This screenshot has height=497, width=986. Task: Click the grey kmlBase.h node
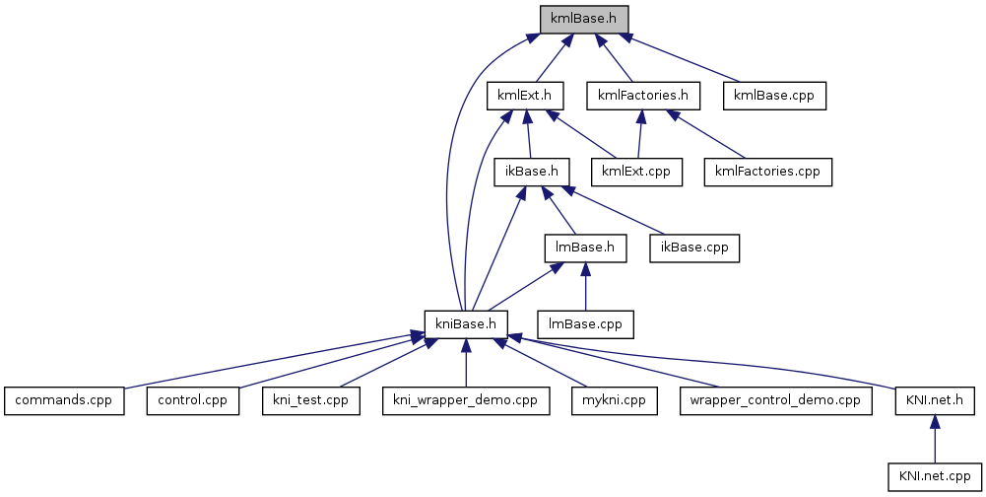pos(584,19)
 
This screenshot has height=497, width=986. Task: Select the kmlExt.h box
pos(525,96)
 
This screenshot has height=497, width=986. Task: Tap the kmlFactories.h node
pos(642,96)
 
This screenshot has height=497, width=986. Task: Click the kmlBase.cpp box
pos(774,96)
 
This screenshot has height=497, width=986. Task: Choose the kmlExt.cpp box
pos(636,172)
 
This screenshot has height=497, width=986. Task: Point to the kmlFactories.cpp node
pos(768,172)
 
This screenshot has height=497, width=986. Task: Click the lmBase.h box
pos(585,248)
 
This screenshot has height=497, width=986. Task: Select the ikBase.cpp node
pos(694,248)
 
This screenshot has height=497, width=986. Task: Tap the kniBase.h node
pos(466,323)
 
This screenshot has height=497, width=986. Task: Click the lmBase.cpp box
pos(585,323)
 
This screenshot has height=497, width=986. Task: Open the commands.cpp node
pos(64,400)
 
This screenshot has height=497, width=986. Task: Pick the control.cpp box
pos(193,400)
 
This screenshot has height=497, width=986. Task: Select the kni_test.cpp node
pos(311,400)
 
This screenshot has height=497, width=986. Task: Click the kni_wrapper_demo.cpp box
pos(465,400)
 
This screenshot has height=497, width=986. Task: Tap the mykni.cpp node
pos(614,400)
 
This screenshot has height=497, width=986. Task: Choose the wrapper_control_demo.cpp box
pos(776,400)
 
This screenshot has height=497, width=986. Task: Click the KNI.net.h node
pos(934,400)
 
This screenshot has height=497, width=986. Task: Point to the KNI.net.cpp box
pos(934,476)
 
